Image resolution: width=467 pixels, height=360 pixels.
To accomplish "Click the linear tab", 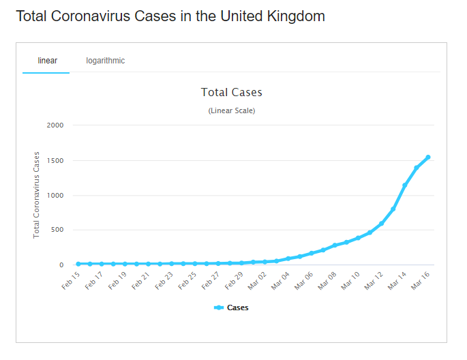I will (47, 61).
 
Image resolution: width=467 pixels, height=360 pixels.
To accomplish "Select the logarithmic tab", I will (105, 61).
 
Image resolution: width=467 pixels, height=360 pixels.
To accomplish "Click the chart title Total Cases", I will (232, 92).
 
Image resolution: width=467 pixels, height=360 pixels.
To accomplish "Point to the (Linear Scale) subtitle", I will (232, 110).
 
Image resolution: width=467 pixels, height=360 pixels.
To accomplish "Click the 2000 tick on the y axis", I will (55, 125).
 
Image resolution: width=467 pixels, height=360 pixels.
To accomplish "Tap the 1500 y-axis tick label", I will (55, 161).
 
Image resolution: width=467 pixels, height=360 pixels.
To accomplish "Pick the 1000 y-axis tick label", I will (55, 196).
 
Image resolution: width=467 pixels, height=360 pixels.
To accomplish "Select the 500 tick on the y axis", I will (57, 230).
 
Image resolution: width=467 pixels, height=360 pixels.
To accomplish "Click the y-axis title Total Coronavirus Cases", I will (37, 195).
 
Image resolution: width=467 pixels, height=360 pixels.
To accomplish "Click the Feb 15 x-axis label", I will (71, 280).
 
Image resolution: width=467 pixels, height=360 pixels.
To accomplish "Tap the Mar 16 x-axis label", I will (421, 280).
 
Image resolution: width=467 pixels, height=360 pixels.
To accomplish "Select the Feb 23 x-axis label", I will (164, 280).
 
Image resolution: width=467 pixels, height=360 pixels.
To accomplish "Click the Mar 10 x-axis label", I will (350, 280).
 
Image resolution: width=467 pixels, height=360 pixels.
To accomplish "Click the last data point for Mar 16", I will (428, 157).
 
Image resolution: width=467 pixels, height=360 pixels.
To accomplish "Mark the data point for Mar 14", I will (405, 185).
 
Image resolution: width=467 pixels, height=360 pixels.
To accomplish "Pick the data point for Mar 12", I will (382, 223).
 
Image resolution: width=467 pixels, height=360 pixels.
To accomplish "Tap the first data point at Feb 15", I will (78, 263).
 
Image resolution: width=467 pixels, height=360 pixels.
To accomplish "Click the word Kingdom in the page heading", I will (293, 16).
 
